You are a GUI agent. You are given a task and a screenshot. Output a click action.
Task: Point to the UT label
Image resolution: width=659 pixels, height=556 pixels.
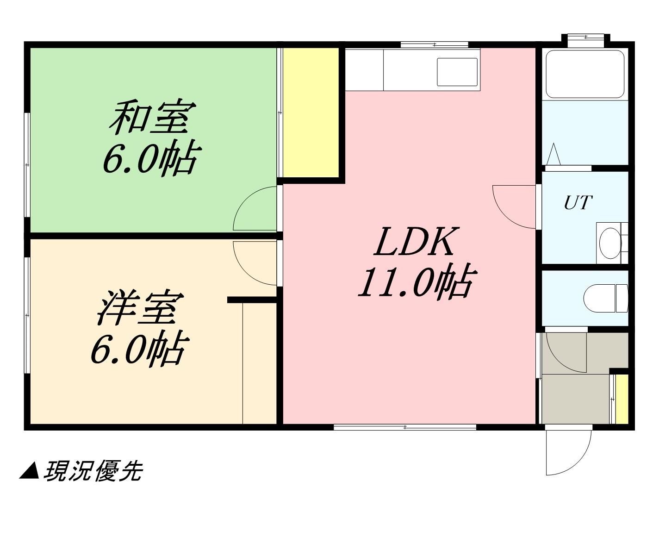point(578,202)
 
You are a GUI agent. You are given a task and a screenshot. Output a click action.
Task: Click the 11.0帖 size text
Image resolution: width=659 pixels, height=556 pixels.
point(416,281)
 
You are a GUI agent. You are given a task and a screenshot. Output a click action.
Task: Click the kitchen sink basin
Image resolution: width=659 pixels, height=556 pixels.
point(457,72)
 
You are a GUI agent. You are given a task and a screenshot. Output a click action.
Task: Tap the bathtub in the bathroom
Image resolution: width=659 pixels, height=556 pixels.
point(585,74)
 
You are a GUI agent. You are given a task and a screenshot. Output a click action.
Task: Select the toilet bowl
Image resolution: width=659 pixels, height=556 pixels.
point(606,298)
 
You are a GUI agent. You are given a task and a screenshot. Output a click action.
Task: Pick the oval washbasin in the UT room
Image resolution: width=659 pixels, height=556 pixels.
point(610,244)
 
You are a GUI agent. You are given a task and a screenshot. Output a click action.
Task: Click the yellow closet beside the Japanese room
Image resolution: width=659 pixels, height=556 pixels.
point(311,112)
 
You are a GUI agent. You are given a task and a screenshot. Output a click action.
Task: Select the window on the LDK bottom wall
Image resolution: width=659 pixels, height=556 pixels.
point(405,427)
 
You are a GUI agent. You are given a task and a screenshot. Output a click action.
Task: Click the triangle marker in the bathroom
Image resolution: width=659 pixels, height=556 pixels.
point(553,154)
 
